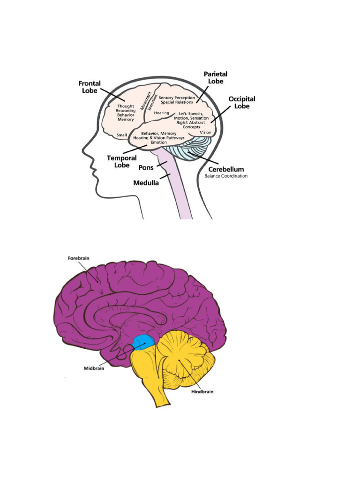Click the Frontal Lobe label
[90, 87]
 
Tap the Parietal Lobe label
[215, 78]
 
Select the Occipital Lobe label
[242, 103]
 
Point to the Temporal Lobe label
[121, 162]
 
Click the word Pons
[146, 167]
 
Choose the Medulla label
[146, 183]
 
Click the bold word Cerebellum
[226, 169]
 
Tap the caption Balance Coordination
[226, 176]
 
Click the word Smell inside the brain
[121, 135]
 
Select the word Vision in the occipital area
[205, 133]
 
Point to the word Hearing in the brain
[161, 113]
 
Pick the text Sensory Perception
[176, 97]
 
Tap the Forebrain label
[78, 258]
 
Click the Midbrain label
[94, 368]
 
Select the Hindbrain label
[202, 391]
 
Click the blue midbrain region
[143, 343]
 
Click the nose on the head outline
[85, 151]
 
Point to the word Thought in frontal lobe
[125, 106]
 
